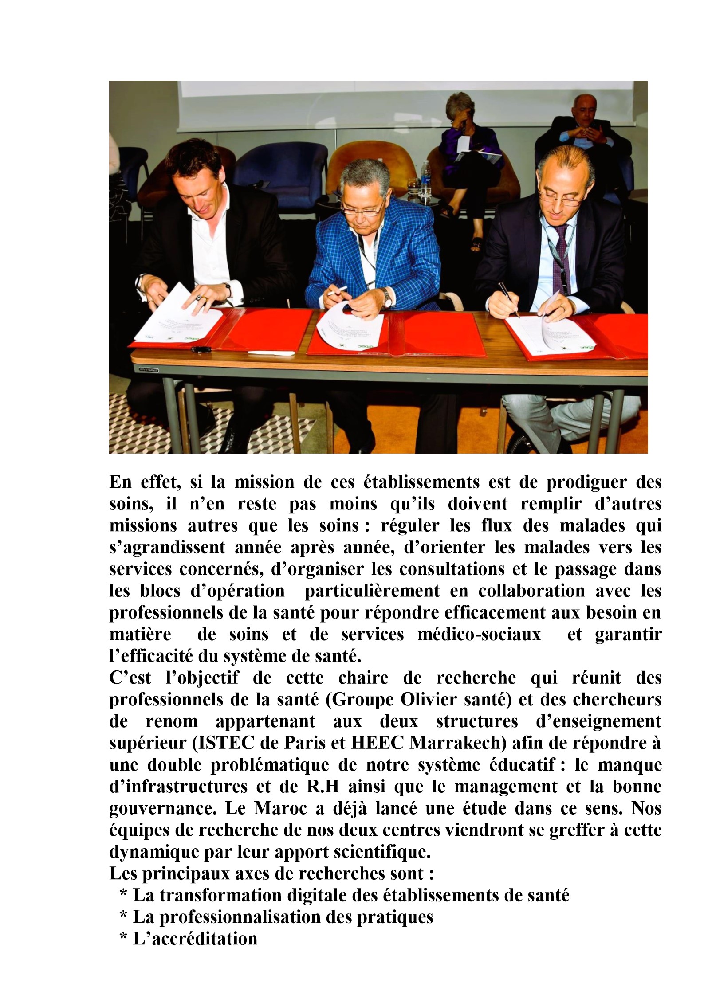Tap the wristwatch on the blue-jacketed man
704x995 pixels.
click(388, 297)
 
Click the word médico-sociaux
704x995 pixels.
click(479, 635)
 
